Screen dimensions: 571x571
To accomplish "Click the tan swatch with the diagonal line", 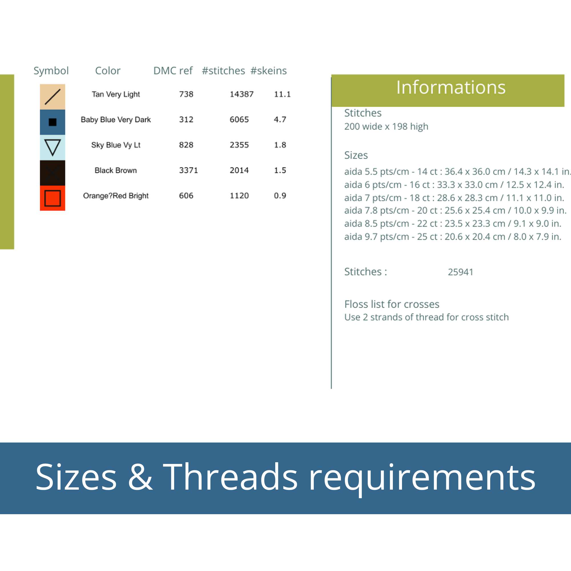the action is [x=53, y=97].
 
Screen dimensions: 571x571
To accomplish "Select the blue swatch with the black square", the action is [x=53, y=122].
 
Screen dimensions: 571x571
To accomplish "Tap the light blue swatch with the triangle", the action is [x=53, y=148].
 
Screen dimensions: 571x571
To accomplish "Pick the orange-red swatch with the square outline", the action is [x=53, y=198].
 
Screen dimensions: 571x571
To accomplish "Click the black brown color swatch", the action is [x=53, y=173].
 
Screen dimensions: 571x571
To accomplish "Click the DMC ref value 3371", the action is [x=188, y=170].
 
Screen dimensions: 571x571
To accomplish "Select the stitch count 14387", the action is [x=242, y=94].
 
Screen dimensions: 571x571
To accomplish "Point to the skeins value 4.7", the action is [x=280, y=119].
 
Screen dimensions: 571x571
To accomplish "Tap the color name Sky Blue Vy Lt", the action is [x=116, y=145].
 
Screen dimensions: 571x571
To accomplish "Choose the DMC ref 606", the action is [x=186, y=196].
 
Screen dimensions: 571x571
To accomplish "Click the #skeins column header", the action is [x=268, y=71].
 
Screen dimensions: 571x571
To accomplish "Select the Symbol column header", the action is [x=51, y=71].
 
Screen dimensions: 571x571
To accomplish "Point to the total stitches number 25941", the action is [x=461, y=272].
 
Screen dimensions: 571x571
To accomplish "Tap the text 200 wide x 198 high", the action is [x=386, y=126].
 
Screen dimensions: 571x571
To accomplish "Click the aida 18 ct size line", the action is [x=454, y=198].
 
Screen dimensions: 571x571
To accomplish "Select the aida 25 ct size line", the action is [x=453, y=236].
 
